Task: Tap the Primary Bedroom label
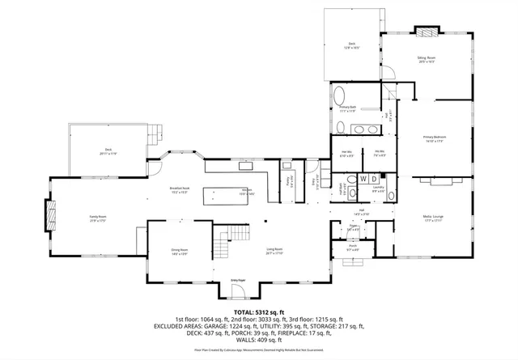[435, 138]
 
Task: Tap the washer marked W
[363, 178]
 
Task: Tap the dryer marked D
[374, 178]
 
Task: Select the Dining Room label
[179, 250]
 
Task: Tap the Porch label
[353, 248]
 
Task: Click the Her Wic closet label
[346, 154]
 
